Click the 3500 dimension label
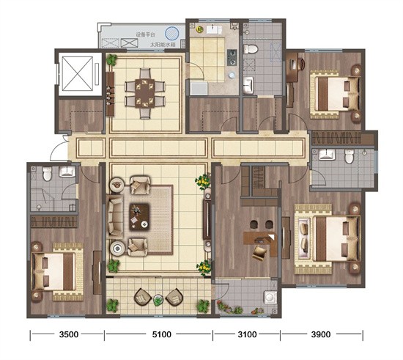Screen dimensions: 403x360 (x=69, y=334)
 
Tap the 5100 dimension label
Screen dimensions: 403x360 (x=162, y=334)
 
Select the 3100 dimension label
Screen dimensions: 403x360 (x=247, y=334)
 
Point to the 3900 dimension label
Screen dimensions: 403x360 (x=321, y=334)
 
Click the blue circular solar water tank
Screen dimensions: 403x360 (x=172, y=33)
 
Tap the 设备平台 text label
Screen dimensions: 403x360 (x=146, y=34)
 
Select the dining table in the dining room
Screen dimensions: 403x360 (x=145, y=93)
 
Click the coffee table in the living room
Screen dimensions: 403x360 (x=139, y=216)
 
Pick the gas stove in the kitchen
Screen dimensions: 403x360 (x=232, y=58)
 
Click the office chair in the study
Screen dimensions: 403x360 (x=259, y=253)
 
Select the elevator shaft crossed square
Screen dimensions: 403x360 (x=77, y=74)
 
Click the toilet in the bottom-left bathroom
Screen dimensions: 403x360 (x=47, y=174)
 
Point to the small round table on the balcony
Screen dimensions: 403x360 (x=158, y=300)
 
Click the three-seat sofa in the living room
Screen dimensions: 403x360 (x=115, y=216)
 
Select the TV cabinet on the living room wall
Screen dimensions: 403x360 (x=207, y=219)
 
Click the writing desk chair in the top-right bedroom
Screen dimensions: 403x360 (x=300, y=64)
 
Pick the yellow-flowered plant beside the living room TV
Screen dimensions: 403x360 (x=202, y=180)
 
